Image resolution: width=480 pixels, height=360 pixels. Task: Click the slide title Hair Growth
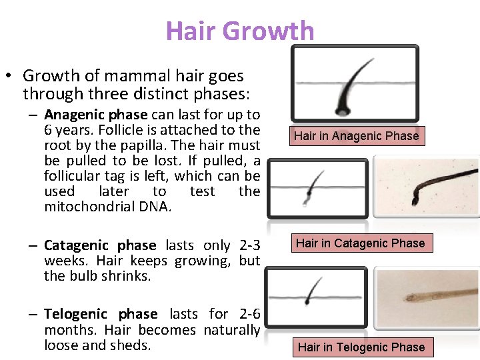(240, 31)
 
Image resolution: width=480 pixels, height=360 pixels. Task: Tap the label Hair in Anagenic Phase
(356, 136)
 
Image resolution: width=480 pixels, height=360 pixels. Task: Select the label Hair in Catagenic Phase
(360, 243)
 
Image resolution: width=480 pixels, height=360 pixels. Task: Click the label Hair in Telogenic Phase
(361, 347)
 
